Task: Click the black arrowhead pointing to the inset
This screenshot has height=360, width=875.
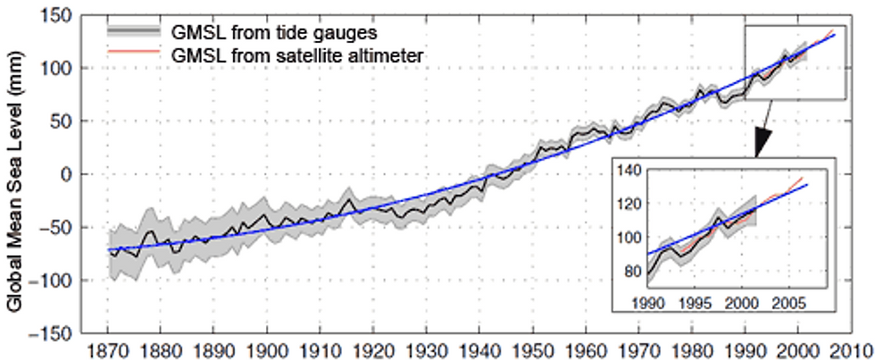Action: [762, 142]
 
